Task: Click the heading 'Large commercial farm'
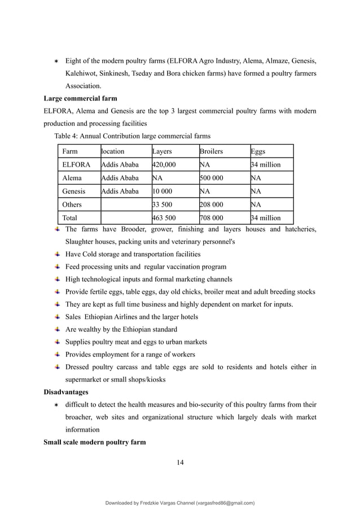[x=80, y=98]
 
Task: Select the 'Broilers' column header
[x=212, y=151]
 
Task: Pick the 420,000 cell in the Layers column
[x=164, y=165]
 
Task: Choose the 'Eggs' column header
[x=259, y=151]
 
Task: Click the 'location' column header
[x=113, y=151]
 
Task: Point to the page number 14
[x=180, y=463]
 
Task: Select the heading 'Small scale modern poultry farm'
[x=95, y=442]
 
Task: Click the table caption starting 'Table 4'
[x=132, y=136]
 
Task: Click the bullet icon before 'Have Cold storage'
[x=58, y=254]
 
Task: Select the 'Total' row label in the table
[x=70, y=218]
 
